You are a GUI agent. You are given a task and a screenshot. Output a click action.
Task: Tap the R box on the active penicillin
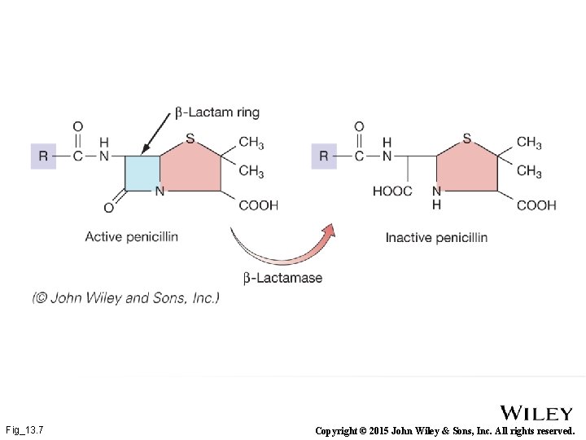[43, 155]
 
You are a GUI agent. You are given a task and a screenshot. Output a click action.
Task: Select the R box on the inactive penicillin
[324, 155]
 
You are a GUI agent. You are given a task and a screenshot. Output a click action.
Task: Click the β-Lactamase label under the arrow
[282, 278]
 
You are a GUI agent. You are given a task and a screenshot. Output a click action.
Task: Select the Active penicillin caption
[131, 237]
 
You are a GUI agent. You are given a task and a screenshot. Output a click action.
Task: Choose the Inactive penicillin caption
[436, 237]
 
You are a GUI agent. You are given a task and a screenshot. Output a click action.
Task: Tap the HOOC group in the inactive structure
[392, 191]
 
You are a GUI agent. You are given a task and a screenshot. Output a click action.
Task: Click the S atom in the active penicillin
[190, 139]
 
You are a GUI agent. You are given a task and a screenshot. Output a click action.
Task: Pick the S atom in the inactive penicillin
[466, 139]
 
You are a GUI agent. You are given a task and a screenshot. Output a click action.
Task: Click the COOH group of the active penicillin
[258, 205]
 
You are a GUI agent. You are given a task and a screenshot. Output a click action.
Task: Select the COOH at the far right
[536, 205]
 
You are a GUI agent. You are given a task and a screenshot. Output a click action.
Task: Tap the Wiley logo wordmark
[536, 413]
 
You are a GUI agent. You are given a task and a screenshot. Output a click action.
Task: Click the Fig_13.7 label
[24, 429]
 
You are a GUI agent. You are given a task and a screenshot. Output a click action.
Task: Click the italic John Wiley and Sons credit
[126, 298]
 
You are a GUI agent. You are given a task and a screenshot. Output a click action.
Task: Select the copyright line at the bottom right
[444, 430]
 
